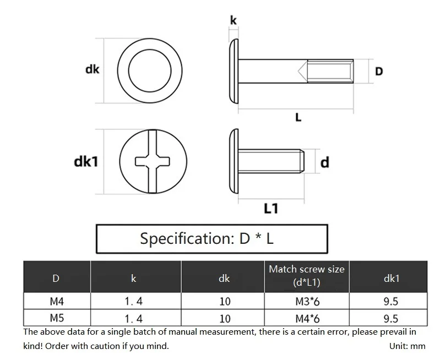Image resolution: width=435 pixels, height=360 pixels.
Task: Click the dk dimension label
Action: click(x=93, y=69)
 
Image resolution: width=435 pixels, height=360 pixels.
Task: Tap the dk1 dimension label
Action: click(x=86, y=162)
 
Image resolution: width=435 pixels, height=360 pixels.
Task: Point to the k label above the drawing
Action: click(x=233, y=20)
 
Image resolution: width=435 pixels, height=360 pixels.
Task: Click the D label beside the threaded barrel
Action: click(x=379, y=71)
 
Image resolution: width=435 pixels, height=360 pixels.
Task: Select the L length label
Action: click(x=298, y=118)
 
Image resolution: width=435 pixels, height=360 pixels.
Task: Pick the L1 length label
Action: click(x=271, y=209)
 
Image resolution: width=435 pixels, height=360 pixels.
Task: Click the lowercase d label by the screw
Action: click(x=324, y=162)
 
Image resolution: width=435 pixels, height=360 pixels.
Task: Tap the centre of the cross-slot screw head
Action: click(x=153, y=161)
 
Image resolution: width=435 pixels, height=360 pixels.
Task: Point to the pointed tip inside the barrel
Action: click(x=299, y=71)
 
